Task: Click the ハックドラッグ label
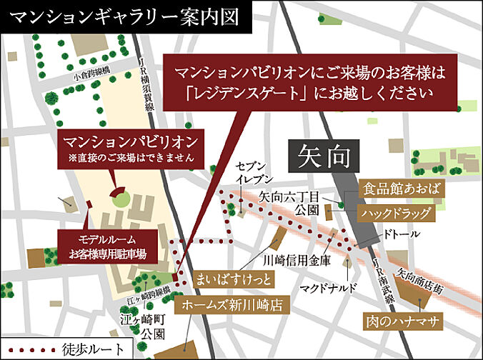coord(396,213)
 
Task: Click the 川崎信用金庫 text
coord(298,261)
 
